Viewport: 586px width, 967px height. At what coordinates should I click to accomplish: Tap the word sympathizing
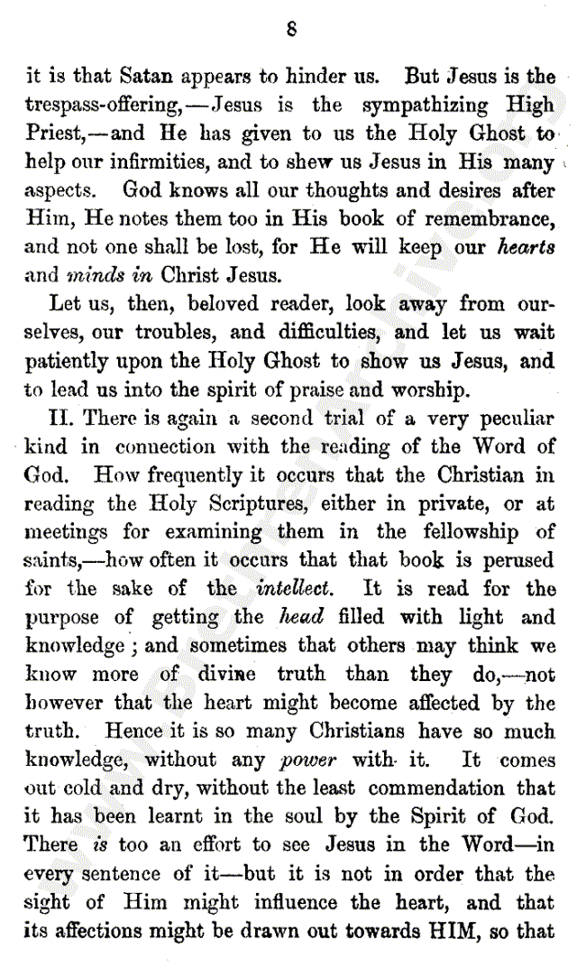[431, 105]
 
